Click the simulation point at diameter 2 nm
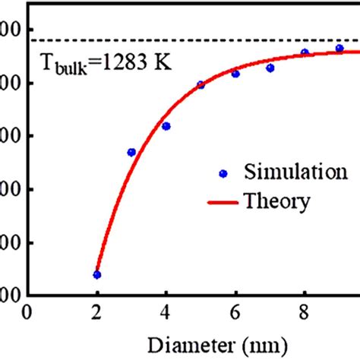coord(96,275)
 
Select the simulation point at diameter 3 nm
coord(131,152)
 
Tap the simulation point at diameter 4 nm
coord(166,126)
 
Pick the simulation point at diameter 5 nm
coord(201,85)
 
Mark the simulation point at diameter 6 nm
coord(235,74)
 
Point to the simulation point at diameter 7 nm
coord(270,68)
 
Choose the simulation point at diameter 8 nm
coord(305,53)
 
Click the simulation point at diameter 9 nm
coord(339,49)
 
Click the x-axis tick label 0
coord(27,313)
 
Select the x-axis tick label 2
coord(96,313)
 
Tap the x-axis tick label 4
coord(166,313)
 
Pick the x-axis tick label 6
coord(235,313)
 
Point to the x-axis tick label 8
coord(305,313)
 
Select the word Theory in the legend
coord(276,201)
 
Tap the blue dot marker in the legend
coord(223,172)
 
